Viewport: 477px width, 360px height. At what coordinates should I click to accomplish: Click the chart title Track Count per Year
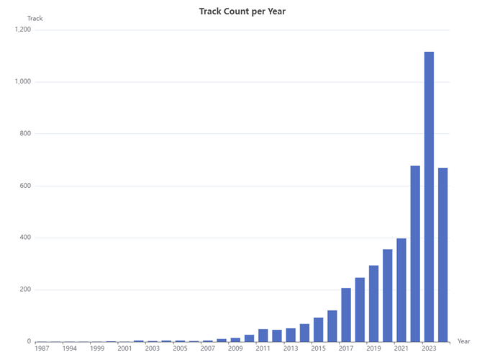click(237, 11)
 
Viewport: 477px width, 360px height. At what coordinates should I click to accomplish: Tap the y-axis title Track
click(35, 18)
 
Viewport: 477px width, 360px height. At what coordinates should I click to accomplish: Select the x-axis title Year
click(463, 341)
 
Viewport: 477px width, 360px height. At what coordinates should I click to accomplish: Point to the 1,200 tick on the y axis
click(22, 30)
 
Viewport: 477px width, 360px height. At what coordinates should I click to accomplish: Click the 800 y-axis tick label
click(26, 134)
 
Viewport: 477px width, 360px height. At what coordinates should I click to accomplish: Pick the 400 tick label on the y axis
click(26, 238)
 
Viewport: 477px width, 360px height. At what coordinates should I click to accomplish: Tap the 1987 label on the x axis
click(42, 348)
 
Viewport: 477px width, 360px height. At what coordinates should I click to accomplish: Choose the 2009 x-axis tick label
click(235, 348)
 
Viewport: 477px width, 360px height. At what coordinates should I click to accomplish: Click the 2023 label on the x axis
click(429, 348)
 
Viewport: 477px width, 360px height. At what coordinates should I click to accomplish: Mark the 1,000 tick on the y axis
click(22, 82)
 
